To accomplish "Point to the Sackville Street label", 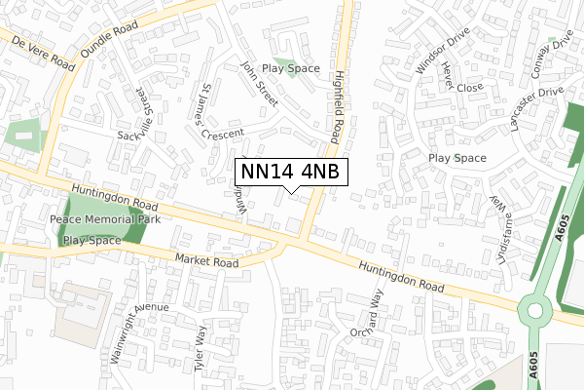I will point(131,112).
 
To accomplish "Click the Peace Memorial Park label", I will point(104,220).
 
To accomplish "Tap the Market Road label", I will point(207,262).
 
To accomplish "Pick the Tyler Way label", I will point(200,347).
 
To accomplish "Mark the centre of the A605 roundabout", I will point(534,310).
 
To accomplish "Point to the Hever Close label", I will point(457,78).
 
